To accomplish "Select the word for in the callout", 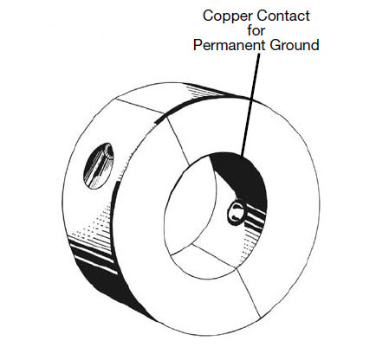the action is [256, 30].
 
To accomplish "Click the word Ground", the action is [295, 45].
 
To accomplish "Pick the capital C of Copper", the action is [208, 16].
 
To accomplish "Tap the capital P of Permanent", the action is [198, 45].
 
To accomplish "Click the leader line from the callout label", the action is [250, 106].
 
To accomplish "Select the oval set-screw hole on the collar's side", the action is [98, 166].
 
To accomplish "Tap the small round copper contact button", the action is [237, 214].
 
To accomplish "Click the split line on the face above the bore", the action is [178, 143].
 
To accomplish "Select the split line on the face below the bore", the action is [248, 292].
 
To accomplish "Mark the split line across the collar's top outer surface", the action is [141, 106].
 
